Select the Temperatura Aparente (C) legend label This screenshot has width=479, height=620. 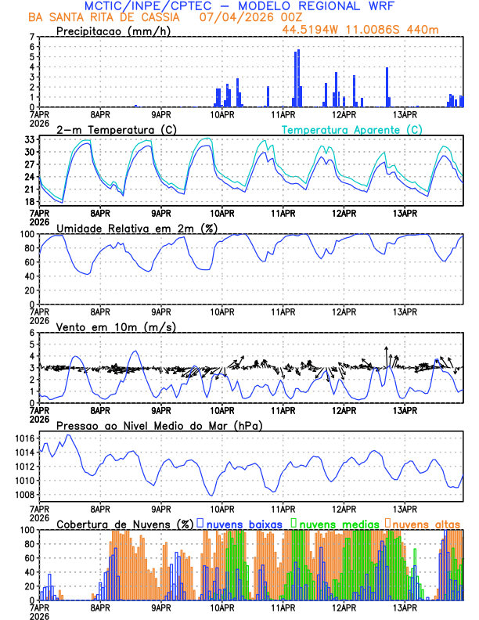pos(352,129)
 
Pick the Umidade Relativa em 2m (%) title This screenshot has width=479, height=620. pos(136,228)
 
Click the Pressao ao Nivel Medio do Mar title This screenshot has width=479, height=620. pos(159,425)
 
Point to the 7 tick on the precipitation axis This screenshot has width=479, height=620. pos(32,37)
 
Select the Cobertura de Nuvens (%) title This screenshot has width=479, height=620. pos(124,524)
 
